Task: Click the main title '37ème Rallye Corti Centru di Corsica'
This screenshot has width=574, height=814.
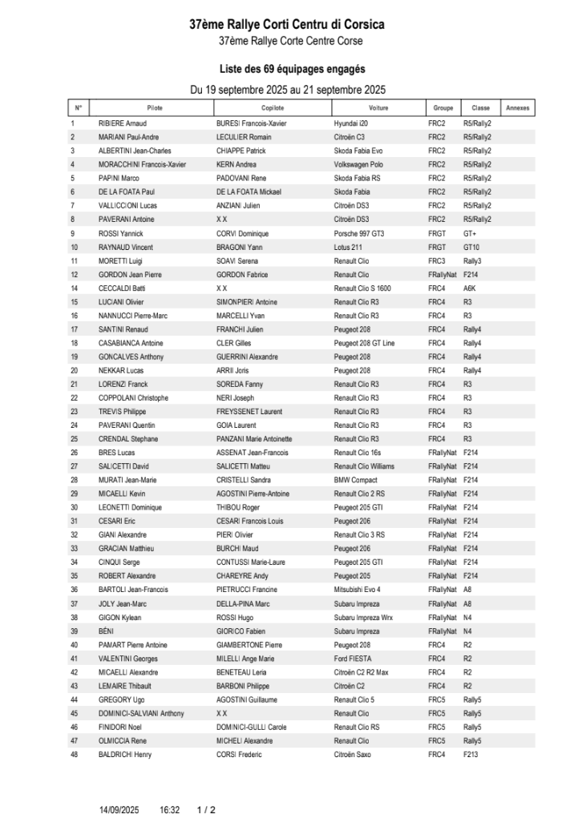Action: (x=286, y=25)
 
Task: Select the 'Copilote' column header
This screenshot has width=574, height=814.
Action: (x=273, y=108)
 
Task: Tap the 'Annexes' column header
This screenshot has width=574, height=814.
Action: (x=517, y=108)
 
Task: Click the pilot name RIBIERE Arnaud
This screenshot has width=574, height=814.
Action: (x=122, y=123)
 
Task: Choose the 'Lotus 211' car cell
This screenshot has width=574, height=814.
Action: (x=348, y=247)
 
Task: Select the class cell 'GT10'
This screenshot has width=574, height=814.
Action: (x=471, y=247)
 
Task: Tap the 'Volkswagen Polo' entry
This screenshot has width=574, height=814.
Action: (x=360, y=164)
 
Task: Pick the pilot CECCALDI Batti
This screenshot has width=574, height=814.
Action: (x=122, y=288)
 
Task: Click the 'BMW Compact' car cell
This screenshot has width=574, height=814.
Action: (x=354, y=480)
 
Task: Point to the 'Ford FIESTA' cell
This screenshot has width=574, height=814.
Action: (x=352, y=659)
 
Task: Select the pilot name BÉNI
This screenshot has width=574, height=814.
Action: (x=106, y=631)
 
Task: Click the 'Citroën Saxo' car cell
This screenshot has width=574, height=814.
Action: (x=353, y=755)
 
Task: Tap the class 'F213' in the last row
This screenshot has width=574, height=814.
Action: (x=471, y=755)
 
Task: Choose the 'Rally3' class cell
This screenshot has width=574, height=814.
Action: (x=472, y=260)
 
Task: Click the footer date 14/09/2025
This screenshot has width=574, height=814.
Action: (x=119, y=810)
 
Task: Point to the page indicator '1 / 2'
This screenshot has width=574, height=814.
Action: (x=206, y=810)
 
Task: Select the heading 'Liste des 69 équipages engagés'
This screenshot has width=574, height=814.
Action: (x=286, y=70)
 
